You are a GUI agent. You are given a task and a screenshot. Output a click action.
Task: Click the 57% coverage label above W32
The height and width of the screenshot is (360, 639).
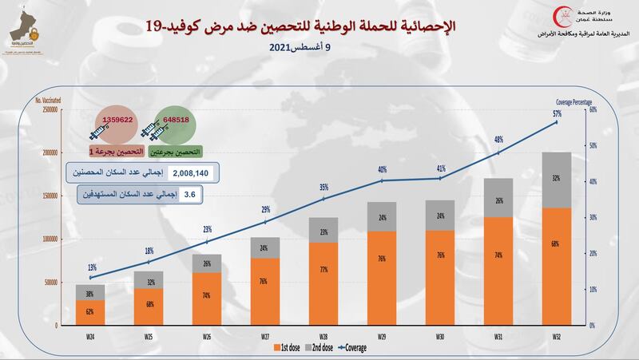(556, 113)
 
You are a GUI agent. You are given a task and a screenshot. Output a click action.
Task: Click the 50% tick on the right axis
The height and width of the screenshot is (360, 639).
(593, 145)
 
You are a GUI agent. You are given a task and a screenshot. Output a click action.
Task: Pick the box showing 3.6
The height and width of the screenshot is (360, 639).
(190, 193)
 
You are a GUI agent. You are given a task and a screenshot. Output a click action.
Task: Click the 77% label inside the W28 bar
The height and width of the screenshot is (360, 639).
(323, 292)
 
